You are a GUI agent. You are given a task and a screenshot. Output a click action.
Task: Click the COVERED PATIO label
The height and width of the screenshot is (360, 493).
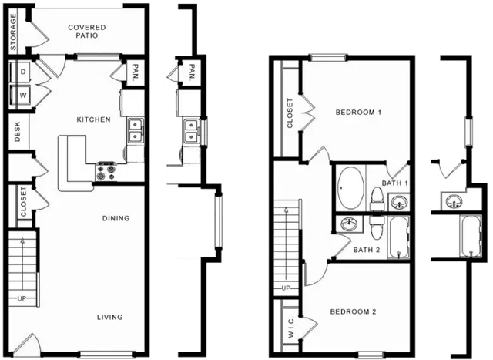87,32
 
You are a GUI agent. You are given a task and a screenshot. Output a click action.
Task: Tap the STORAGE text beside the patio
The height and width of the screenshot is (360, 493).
13,32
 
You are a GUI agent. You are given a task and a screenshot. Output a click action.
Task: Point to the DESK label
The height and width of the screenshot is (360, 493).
17,132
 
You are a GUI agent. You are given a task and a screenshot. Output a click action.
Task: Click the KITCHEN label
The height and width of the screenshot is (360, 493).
94,119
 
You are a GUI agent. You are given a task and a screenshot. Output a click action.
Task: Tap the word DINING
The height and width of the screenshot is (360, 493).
116,218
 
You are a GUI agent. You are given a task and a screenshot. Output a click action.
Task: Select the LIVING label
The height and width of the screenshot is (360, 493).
109,317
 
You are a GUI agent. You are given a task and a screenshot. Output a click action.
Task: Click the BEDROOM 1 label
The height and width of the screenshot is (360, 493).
358,112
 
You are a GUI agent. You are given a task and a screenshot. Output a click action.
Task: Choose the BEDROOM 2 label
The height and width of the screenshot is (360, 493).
353,312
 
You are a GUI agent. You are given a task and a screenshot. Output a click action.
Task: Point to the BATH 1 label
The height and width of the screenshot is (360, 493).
395,183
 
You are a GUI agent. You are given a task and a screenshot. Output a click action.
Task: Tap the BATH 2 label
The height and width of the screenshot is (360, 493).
367,250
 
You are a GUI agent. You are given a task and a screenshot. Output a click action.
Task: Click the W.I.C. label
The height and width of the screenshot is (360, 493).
291,328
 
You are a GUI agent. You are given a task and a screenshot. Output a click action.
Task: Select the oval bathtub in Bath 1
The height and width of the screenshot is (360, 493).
351,188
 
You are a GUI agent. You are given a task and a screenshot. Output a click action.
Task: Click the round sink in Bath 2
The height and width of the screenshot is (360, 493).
349,224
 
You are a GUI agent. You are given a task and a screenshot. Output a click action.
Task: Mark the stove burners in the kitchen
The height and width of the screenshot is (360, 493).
106,172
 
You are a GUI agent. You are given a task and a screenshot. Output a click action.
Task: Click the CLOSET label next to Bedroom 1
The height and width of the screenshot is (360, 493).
290,113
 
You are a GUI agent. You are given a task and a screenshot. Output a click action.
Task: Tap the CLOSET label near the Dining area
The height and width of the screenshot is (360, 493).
24,202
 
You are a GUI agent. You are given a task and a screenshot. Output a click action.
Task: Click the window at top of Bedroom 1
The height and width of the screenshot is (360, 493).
327,58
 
